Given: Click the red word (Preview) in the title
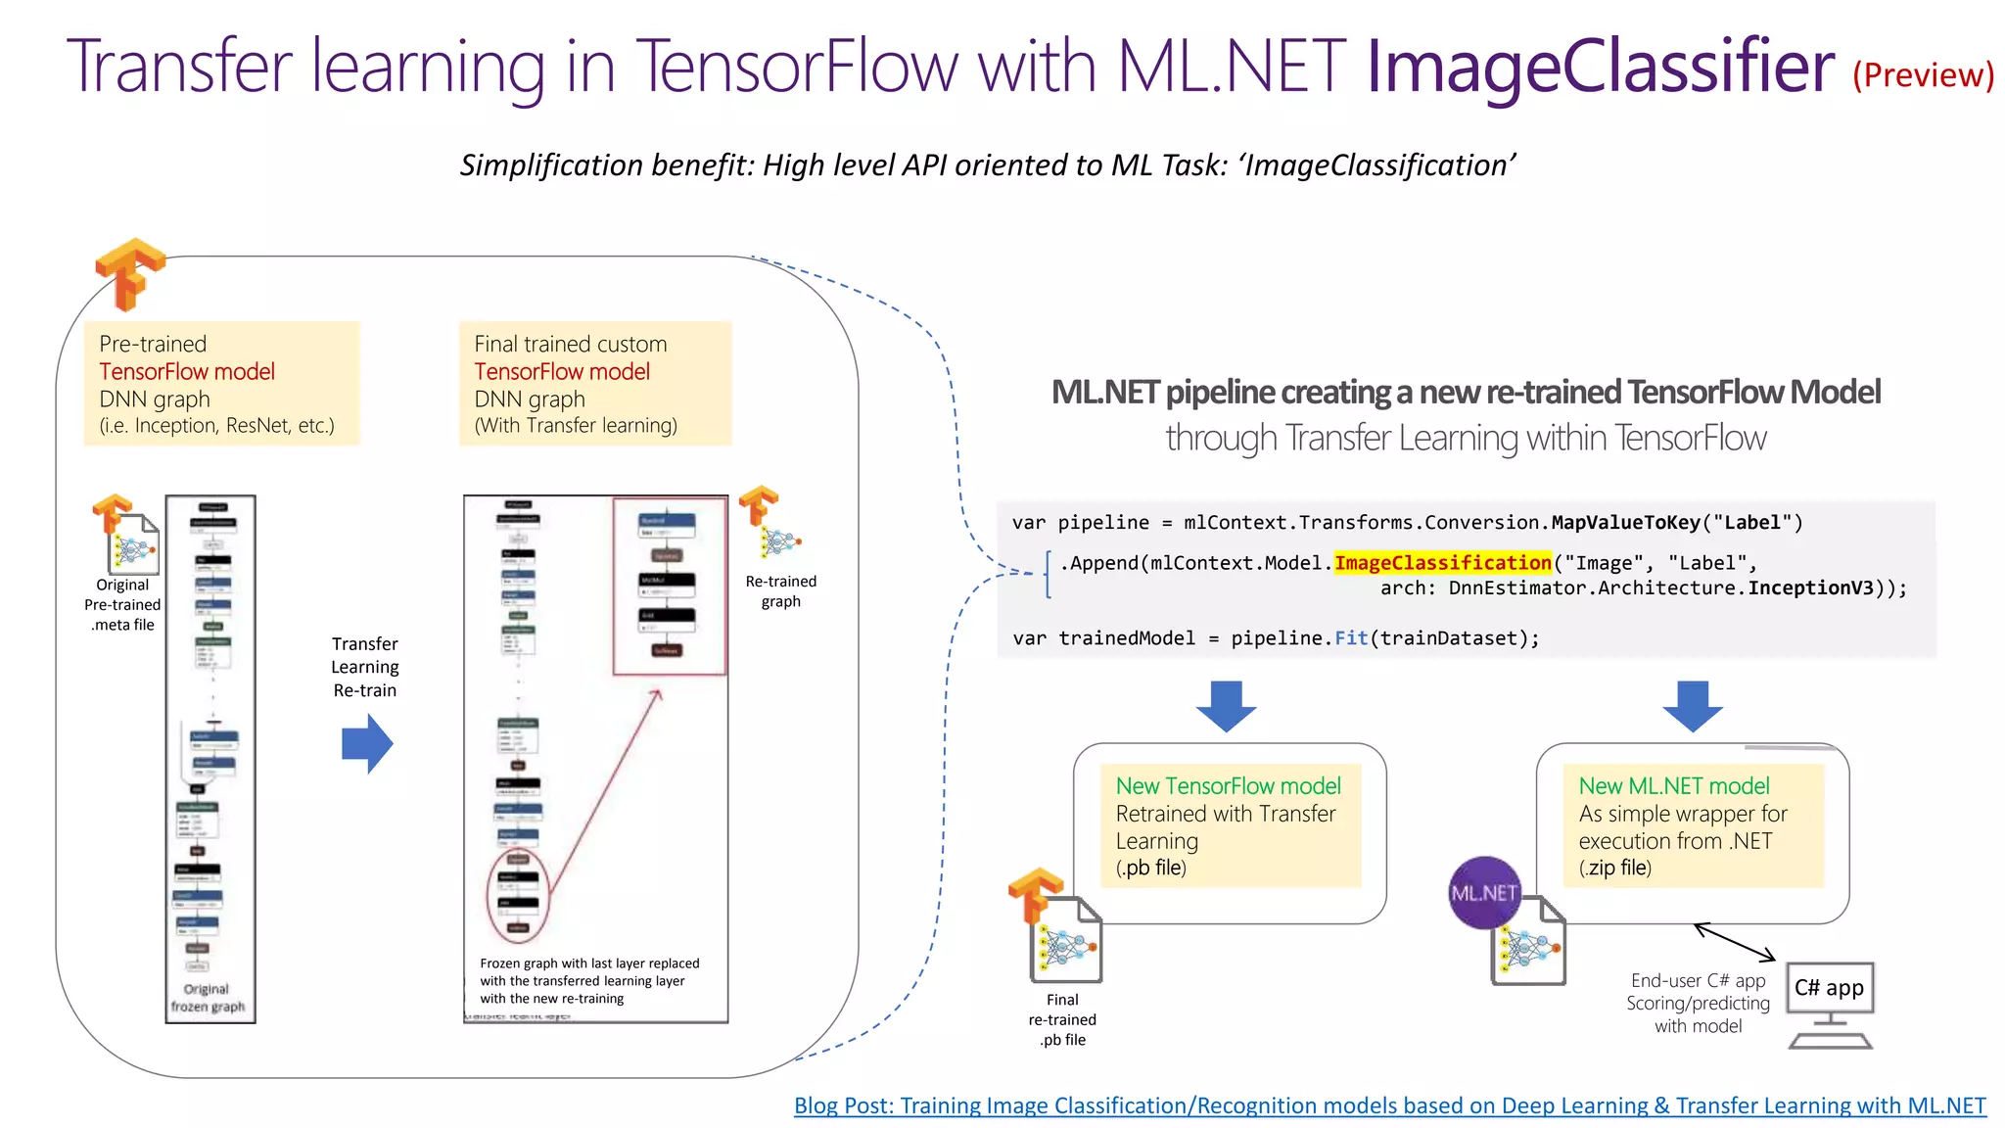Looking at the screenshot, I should point(1923,75).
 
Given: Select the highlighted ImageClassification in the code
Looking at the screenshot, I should point(1442,563).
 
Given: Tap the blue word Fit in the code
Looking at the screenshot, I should point(1351,638).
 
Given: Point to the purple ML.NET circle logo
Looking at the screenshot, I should point(1484,892).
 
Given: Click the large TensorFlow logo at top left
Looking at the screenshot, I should point(128,273).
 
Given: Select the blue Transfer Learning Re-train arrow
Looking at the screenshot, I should point(367,744).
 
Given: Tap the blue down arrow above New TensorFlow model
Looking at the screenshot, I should point(1226,706).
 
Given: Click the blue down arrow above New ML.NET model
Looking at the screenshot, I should point(1693,706).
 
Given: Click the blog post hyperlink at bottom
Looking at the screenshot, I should point(1389,1105).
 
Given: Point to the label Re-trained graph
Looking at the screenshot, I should point(780,591).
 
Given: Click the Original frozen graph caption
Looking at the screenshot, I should point(208,998).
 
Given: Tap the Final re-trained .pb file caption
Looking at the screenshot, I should point(1062,1020).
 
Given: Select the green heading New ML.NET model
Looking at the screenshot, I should point(1673,786).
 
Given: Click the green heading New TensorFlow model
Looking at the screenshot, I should point(1228,786).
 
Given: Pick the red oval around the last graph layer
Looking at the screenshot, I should point(518,895).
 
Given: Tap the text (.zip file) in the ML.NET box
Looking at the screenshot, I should point(1614,868).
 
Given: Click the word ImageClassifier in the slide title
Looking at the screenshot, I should point(1600,67).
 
